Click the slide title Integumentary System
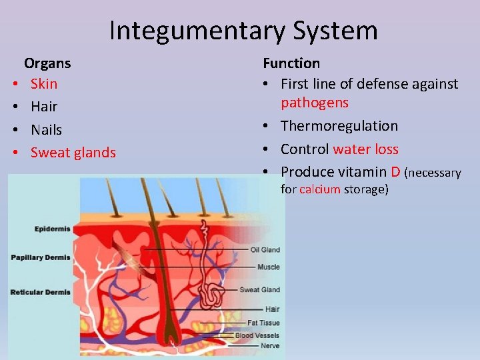pyautogui.click(x=243, y=31)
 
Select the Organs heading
pyautogui.click(x=47, y=63)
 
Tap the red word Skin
pyautogui.click(x=44, y=84)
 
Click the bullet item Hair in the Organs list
pyautogui.click(x=44, y=107)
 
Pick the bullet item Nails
pyautogui.click(x=46, y=129)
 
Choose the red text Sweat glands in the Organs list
pyautogui.click(x=73, y=153)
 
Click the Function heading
pyautogui.click(x=291, y=63)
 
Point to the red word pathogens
pyautogui.click(x=315, y=103)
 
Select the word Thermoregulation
pyautogui.click(x=339, y=126)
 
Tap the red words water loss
pyautogui.click(x=366, y=149)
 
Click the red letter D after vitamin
pyautogui.click(x=396, y=172)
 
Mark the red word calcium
pyautogui.click(x=320, y=189)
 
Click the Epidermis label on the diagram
pyautogui.click(x=52, y=229)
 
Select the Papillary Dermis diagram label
pyautogui.click(x=40, y=257)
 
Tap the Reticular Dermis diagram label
pyautogui.click(x=40, y=292)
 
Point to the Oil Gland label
pyautogui.click(x=265, y=250)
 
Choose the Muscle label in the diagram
pyautogui.click(x=268, y=267)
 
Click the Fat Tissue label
pyautogui.click(x=263, y=323)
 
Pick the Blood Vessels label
pyautogui.click(x=257, y=335)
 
